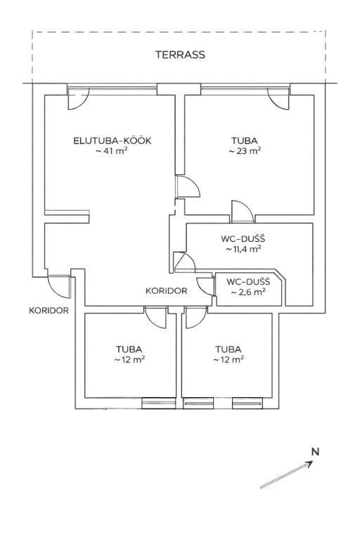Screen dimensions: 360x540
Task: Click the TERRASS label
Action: coord(180,55)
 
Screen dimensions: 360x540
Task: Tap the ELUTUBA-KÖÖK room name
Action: coord(112,141)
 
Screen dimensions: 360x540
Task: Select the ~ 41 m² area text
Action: coord(112,151)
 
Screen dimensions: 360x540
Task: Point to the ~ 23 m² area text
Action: coord(245,151)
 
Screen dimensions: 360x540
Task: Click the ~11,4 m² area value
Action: coord(243,249)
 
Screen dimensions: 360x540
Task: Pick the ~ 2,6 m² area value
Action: coord(248,292)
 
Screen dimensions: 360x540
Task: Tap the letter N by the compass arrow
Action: coord(315,452)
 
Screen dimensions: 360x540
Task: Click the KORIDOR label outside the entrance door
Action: coord(49,311)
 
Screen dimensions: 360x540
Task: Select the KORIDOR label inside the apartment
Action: coord(167,291)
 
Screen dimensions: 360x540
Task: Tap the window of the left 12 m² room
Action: coord(159,404)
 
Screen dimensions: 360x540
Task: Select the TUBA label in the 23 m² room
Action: coord(244,141)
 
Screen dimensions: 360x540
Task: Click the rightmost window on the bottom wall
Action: coord(247,404)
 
